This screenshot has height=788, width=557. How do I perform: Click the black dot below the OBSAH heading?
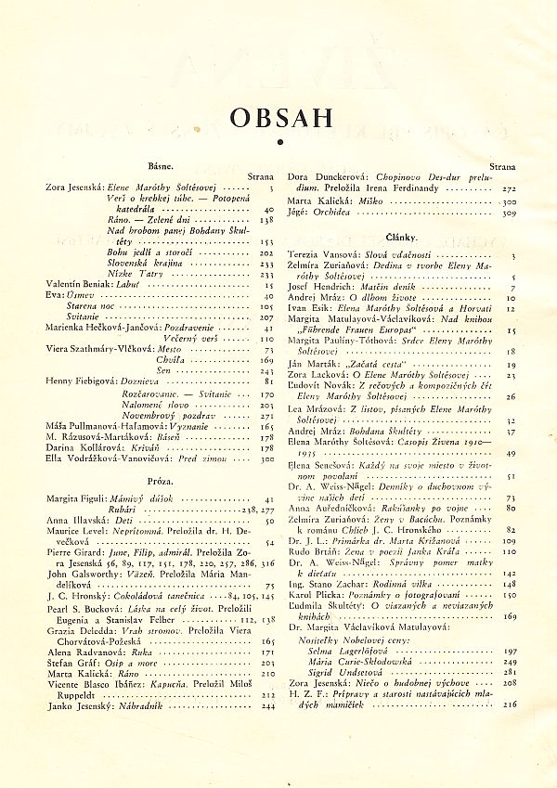[x=278, y=141]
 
